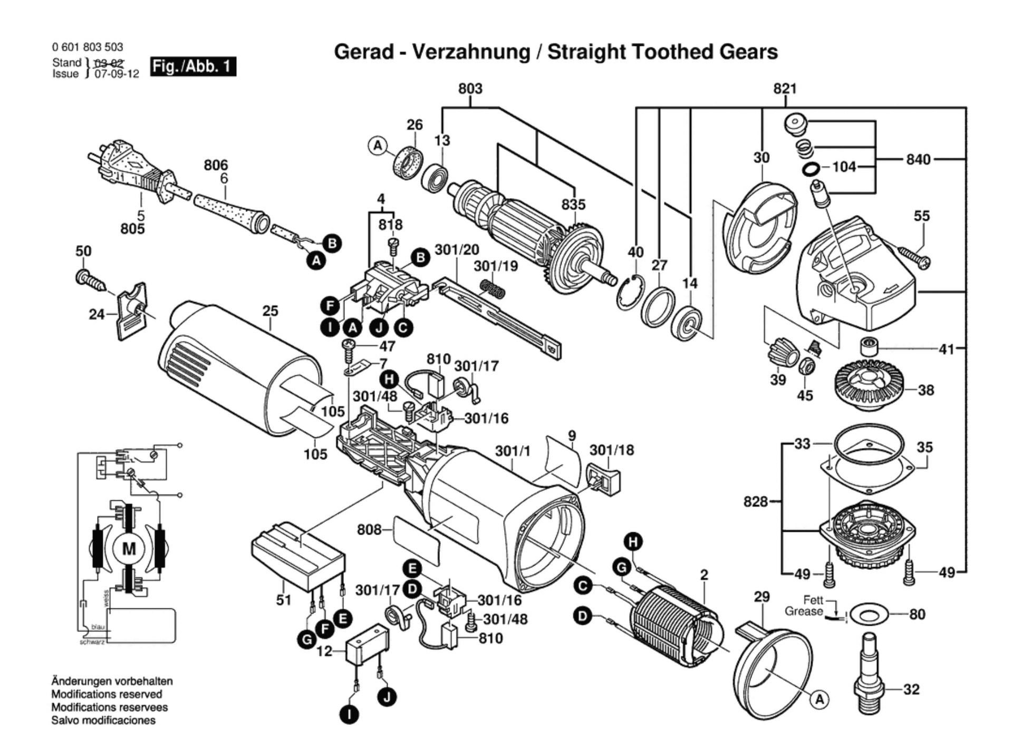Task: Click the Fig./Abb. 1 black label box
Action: [x=193, y=66]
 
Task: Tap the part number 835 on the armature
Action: [x=573, y=205]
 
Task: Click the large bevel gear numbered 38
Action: [x=870, y=384]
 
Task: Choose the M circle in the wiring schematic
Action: [x=129, y=549]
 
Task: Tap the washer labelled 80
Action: [x=869, y=615]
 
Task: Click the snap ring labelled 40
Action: [x=631, y=293]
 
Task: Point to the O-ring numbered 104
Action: [x=810, y=169]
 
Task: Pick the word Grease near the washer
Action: [x=803, y=611]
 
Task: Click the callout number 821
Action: [x=785, y=89]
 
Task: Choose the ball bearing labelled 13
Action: [x=435, y=178]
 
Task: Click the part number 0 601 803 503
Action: [x=87, y=47]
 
